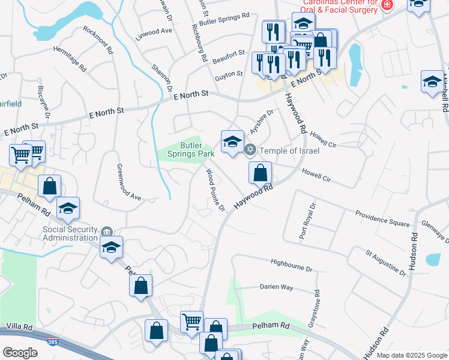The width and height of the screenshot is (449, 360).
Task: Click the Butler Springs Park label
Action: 197,149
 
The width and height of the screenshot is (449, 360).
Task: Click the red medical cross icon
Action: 387,5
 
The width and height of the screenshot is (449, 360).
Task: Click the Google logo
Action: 20,353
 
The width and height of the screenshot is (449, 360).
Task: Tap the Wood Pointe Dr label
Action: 214,190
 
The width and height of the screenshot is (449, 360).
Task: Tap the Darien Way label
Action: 276,287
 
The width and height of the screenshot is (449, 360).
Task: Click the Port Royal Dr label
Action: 307,221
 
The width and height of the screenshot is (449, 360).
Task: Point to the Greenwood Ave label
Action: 128,180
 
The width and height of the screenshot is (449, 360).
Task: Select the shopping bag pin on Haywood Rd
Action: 261,173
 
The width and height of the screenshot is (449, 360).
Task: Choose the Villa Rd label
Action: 19,326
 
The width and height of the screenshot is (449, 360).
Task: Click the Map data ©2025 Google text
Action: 412,355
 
